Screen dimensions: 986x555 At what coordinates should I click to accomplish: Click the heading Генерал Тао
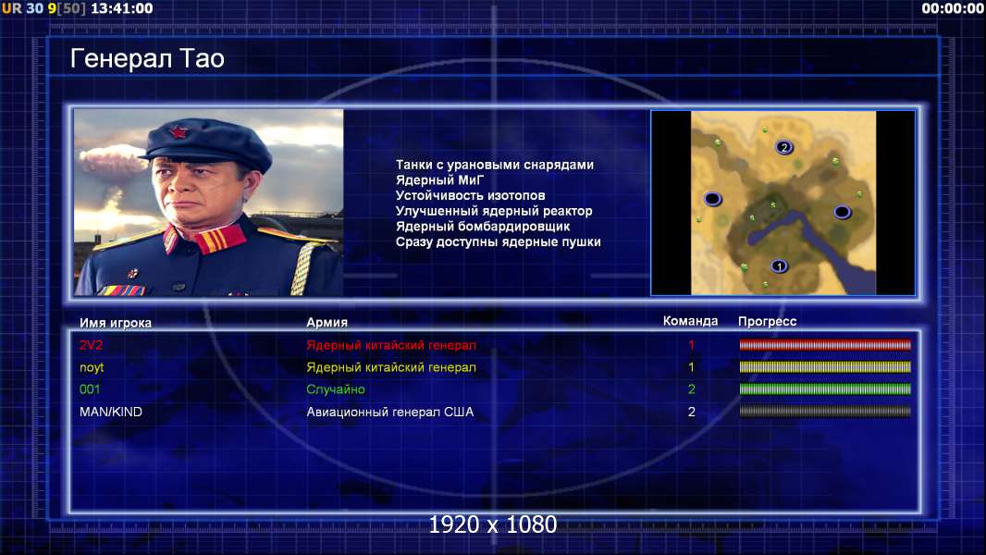[147, 58]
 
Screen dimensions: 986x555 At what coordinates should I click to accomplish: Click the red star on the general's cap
[179, 131]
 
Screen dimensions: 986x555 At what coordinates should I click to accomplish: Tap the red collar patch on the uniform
[219, 239]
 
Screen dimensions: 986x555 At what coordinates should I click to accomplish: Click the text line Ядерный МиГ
[439, 180]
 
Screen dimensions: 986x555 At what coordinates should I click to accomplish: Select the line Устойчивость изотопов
[471, 195]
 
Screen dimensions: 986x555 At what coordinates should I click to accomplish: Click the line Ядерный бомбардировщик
[483, 227]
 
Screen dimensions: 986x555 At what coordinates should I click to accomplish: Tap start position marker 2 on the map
[783, 147]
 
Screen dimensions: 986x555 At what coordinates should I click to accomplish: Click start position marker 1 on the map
[779, 266]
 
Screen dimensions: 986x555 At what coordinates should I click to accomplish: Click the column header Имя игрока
[115, 323]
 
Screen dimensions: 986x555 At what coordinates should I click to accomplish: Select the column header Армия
[327, 322]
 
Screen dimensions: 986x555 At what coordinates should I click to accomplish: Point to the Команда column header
[690, 321]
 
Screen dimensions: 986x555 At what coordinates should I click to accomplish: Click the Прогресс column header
[767, 321]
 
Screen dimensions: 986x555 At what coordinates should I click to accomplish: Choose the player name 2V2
[92, 345]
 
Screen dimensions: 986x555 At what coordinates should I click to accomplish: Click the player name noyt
[92, 368]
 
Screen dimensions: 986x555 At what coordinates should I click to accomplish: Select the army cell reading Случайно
[336, 389]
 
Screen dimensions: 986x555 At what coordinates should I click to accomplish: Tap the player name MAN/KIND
[111, 412]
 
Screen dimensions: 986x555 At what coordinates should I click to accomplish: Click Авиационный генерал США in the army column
[390, 412]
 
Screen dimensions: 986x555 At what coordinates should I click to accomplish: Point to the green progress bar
[825, 389]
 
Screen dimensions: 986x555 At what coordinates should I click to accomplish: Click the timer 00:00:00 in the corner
[953, 8]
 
